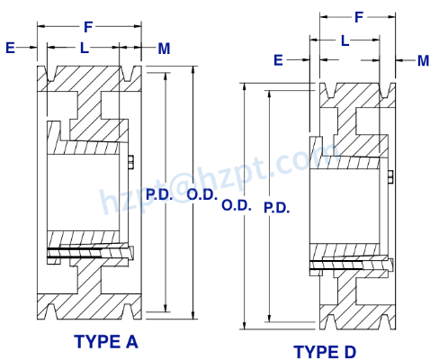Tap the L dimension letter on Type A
pyautogui.click(x=84, y=49)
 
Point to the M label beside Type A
pyautogui.click(x=164, y=49)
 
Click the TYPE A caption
pyautogui.click(x=106, y=342)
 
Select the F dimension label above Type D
pyautogui.click(x=358, y=16)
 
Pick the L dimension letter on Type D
pyautogui.click(x=345, y=40)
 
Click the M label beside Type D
pyautogui.click(x=423, y=60)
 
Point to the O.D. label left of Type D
pyautogui.click(x=237, y=206)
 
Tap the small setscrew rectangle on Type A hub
pyautogui.click(x=131, y=162)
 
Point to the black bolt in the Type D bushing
pyautogui.click(x=346, y=264)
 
